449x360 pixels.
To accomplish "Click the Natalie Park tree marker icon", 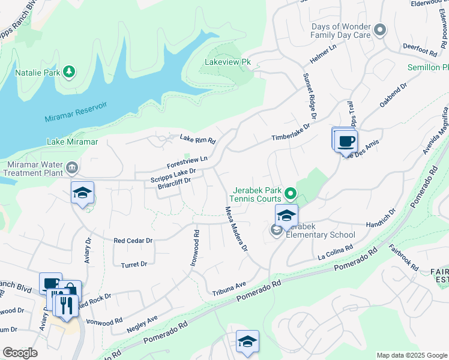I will [x=70, y=73].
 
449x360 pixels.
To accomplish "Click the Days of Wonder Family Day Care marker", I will [x=379, y=29].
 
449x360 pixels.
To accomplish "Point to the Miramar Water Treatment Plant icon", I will [x=72, y=166].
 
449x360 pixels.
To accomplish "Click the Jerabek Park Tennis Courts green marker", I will [x=291, y=193].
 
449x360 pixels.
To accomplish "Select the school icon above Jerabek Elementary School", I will [x=287, y=215].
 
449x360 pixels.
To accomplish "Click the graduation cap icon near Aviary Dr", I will [x=83, y=193].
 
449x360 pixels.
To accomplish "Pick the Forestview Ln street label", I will [x=187, y=159].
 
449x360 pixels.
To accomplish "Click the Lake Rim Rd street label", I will [x=197, y=139].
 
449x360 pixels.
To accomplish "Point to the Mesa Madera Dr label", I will [x=235, y=229].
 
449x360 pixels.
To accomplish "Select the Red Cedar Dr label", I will [x=133, y=240].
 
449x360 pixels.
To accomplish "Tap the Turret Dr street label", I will [x=134, y=264].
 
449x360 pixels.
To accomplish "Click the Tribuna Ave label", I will [x=229, y=289].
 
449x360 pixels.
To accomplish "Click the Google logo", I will [x=20, y=353].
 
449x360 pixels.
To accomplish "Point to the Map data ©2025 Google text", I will [x=411, y=355].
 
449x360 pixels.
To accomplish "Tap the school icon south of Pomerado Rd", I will [x=247, y=341].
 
